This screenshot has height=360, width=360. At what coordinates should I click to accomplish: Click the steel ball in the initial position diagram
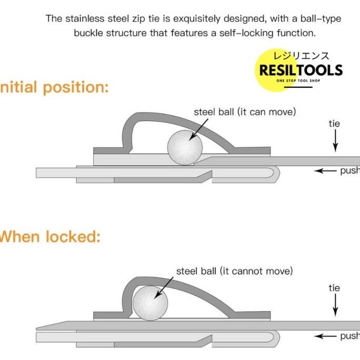[185, 147]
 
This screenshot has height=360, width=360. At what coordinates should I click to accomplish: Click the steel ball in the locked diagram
[150, 303]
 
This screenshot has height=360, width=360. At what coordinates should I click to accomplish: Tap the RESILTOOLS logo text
[301, 70]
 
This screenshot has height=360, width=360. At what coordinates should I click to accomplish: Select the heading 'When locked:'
[49, 237]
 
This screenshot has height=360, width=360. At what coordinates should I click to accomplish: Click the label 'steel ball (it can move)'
[245, 112]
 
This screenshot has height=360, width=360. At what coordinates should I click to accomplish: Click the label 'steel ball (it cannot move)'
[234, 271]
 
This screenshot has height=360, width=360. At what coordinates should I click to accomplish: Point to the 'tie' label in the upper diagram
[334, 124]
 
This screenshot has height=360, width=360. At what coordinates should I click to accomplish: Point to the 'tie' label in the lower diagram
[334, 288]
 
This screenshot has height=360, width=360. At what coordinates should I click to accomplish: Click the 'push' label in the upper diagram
[350, 171]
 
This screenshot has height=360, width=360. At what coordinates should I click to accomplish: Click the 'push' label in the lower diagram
[350, 336]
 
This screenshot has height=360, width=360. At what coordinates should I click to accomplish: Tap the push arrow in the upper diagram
[325, 171]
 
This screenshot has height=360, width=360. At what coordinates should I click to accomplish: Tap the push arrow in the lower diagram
[325, 336]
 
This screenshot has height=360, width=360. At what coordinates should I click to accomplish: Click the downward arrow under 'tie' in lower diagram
[335, 305]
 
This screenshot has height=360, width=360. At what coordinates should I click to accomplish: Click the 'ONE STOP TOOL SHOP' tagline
[298, 81]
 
